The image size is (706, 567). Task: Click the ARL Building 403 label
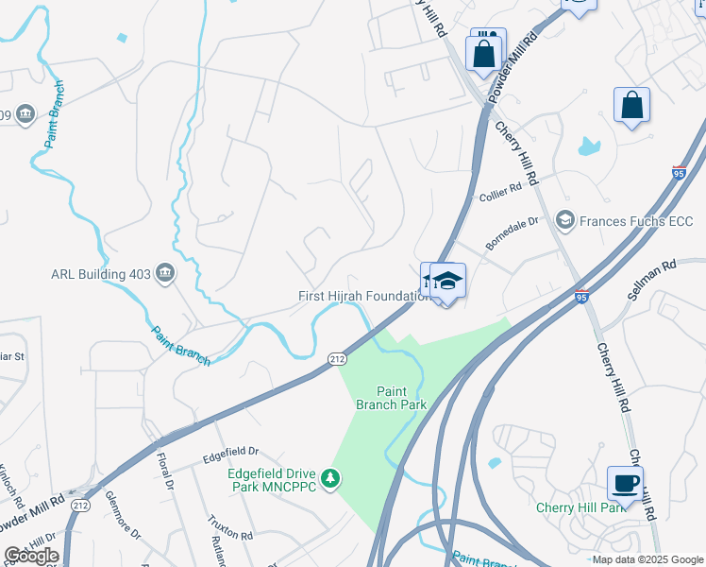pos(101,275)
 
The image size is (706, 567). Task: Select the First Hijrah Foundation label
pos(364,296)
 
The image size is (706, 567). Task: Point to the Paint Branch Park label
pos(392,398)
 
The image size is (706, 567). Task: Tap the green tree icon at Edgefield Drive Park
pos(329,480)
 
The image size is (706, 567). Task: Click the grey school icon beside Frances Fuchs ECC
pos(564,221)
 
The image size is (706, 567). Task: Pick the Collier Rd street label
pos(500,192)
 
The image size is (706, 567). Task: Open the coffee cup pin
pos(625,485)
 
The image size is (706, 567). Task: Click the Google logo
pos(32,555)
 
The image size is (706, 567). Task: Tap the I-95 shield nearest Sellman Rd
pos(581,297)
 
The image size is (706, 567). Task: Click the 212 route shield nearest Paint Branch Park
pos(336,358)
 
